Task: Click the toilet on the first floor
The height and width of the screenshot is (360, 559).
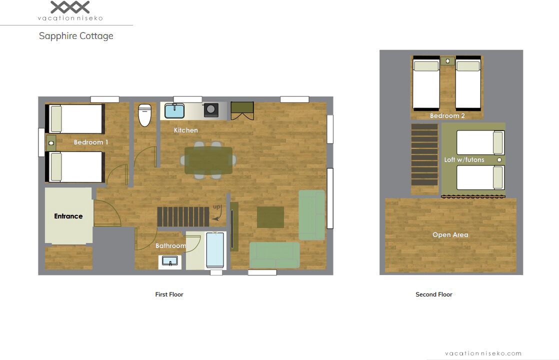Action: pyautogui.click(x=144, y=115)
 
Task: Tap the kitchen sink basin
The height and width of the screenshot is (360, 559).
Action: pyautogui.click(x=174, y=111)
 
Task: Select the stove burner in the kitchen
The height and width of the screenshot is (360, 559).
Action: pyautogui.click(x=211, y=110)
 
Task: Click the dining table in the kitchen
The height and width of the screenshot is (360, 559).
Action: pyautogui.click(x=208, y=160)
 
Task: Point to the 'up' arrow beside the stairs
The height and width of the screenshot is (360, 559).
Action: pyautogui.click(x=217, y=214)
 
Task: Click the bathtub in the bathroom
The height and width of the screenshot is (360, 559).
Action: pyautogui.click(x=215, y=250)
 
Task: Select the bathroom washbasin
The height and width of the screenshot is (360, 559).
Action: pyautogui.click(x=170, y=261)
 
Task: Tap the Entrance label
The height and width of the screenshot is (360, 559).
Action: pyautogui.click(x=68, y=216)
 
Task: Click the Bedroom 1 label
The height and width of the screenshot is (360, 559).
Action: pyautogui.click(x=91, y=142)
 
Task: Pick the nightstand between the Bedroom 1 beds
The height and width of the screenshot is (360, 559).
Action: pyautogui.click(x=51, y=143)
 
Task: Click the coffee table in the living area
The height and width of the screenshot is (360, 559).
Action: pyautogui.click(x=270, y=217)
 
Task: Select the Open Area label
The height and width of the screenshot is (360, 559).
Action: pyautogui.click(x=450, y=234)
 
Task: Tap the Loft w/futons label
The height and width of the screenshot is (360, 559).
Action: pyautogui.click(x=464, y=159)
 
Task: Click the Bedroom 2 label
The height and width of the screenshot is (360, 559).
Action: pyautogui.click(x=447, y=115)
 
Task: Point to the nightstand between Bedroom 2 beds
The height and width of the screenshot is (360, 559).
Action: pyautogui.click(x=448, y=61)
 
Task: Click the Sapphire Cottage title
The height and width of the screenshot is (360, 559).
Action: pyautogui.click(x=76, y=36)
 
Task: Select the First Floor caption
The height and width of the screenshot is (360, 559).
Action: pyautogui.click(x=169, y=294)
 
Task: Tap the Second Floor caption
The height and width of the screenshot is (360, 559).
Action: pyautogui.click(x=434, y=294)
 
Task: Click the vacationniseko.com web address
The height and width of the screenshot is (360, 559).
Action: pyautogui.click(x=483, y=353)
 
